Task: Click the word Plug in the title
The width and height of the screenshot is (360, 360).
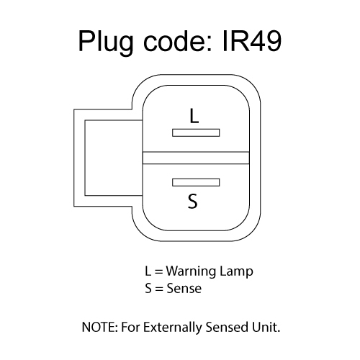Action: tap(106, 41)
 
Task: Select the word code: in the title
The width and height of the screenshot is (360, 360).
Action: tap(178, 41)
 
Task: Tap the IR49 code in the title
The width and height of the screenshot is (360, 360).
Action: tap(252, 41)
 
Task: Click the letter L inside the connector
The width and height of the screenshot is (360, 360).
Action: tap(194, 116)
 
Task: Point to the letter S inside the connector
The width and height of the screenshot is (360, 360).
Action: tap(193, 201)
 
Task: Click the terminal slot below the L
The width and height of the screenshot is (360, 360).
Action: tap(196, 132)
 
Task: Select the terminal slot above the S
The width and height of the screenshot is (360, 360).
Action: tap(196, 182)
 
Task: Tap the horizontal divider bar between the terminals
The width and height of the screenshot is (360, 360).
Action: tap(196, 158)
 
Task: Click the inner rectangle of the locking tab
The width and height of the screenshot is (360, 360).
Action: tap(85, 158)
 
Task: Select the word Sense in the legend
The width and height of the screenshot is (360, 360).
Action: tap(184, 289)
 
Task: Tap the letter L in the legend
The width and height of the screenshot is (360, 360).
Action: tap(148, 271)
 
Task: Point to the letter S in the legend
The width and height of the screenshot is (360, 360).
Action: tap(148, 289)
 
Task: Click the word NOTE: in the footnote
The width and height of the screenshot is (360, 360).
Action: tap(100, 327)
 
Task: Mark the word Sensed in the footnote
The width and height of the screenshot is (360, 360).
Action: tap(227, 327)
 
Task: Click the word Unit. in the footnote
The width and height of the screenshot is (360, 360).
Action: tap(266, 327)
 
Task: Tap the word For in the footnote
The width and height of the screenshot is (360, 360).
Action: tap(130, 327)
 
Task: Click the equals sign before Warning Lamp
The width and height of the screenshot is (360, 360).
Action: tap(158, 271)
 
